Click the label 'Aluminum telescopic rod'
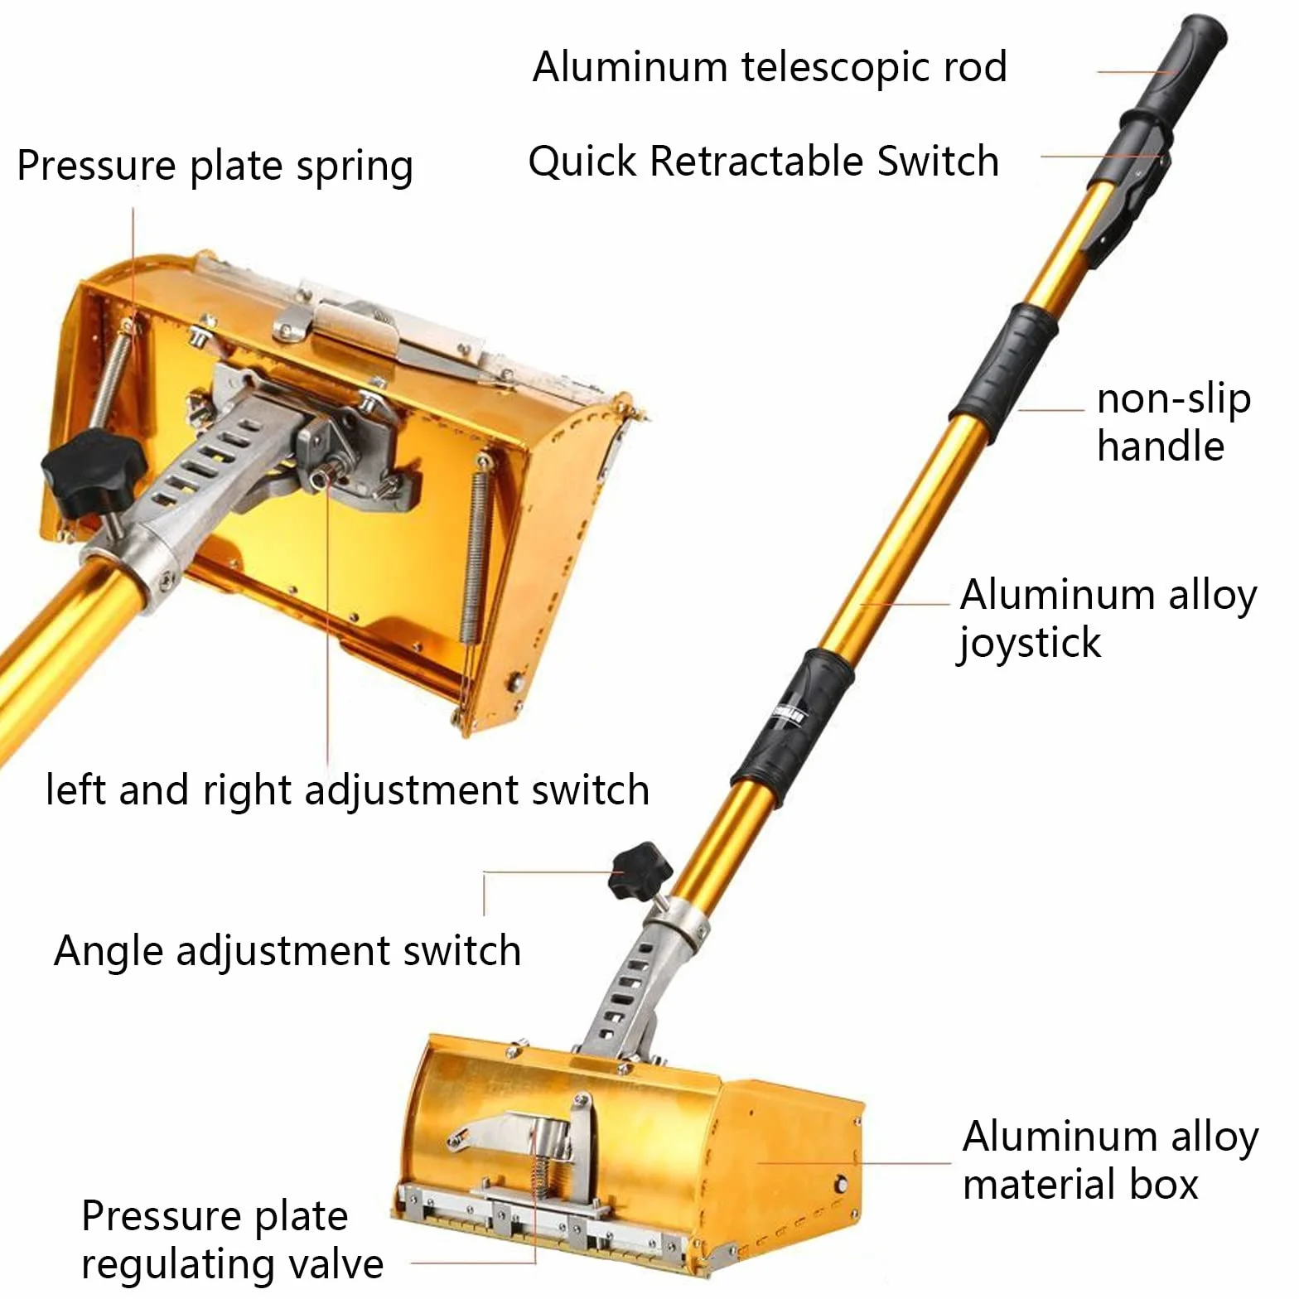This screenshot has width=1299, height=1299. coord(770,67)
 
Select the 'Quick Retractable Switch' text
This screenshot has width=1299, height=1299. coord(763,161)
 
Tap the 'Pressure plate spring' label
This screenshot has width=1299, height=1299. coord(215,167)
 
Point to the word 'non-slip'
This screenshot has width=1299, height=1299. coord(1173,399)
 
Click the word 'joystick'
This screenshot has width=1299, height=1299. coord(1030,643)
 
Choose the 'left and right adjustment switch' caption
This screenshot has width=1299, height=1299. coord(347,790)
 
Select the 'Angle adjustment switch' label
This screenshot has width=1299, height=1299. coord(287,951)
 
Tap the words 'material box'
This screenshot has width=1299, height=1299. coord(1080,1185)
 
